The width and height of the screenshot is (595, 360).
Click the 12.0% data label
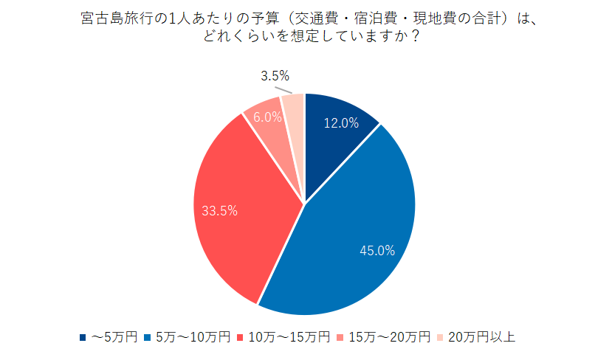(341, 123)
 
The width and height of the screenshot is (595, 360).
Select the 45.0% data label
(377, 251)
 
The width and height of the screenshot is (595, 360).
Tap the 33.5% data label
(219, 210)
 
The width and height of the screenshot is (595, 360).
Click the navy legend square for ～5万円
(83, 338)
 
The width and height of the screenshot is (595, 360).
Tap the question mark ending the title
(416, 37)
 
